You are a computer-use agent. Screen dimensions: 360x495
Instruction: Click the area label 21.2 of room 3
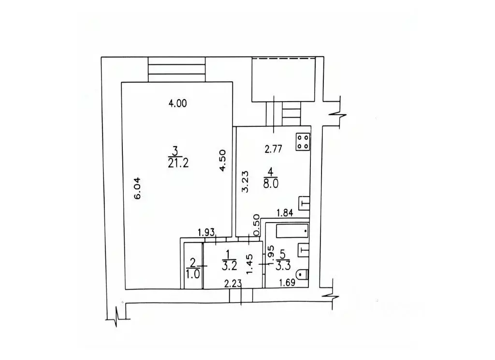[x=178, y=163]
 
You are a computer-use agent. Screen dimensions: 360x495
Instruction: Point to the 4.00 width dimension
[x=177, y=103]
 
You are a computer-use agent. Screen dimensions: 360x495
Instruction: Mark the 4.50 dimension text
[x=222, y=160]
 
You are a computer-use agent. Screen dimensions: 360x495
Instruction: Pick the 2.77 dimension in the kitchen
[x=273, y=150]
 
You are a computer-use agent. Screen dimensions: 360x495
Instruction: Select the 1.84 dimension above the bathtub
[x=285, y=212]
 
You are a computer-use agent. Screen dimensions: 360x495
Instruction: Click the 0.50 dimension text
[x=257, y=222]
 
